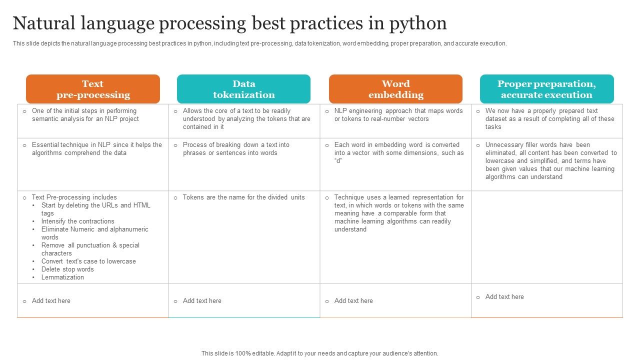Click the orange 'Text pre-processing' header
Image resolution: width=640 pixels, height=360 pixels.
pos(93,89)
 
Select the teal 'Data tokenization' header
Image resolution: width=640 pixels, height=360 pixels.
pos(243,89)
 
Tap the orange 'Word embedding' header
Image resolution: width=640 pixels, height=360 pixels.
pos(395,89)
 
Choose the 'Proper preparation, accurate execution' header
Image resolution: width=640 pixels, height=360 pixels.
pos(546,89)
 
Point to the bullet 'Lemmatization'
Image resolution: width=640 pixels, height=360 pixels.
pos(62,277)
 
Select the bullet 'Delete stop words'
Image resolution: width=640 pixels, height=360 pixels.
pos(67,269)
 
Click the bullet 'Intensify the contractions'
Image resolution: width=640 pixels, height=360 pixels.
pos(77,221)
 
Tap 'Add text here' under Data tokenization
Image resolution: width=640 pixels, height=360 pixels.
pos(202,301)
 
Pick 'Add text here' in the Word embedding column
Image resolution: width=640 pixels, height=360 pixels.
pos(353,301)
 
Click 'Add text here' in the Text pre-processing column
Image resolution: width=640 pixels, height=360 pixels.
pos(51,301)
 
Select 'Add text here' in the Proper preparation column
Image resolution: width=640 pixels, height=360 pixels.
pos(504,297)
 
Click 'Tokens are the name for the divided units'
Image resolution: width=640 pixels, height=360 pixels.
pos(243,197)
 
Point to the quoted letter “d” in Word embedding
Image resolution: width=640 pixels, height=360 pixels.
pos(339,161)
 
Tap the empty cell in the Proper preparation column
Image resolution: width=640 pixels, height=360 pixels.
pos(546,237)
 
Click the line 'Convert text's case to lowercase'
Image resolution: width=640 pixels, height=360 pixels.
pos(88,261)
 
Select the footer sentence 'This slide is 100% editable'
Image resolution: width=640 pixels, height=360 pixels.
pos(319,353)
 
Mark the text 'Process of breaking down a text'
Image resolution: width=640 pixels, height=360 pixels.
pos(236,145)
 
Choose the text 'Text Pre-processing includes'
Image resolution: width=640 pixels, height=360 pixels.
pos(74,197)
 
